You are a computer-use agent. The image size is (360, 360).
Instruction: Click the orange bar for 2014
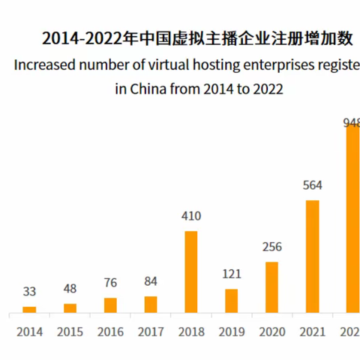(29, 309)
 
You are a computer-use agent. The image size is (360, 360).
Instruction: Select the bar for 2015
(70, 307)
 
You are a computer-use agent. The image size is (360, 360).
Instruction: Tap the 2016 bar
(110, 304)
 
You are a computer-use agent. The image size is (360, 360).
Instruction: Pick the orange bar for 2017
(151, 304)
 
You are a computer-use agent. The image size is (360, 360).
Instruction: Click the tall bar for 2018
(191, 271)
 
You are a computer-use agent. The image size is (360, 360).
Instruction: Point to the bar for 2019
(232, 300)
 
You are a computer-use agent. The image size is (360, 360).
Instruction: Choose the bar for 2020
(272, 286)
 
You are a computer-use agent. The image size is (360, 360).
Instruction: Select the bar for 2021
(313, 256)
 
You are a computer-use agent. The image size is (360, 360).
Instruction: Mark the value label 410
(191, 217)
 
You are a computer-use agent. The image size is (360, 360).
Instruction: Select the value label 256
(272, 247)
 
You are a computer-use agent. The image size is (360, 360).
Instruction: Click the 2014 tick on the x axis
(29, 331)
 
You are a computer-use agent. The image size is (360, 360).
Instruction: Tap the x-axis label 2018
(191, 331)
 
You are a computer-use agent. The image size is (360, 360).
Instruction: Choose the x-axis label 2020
(272, 331)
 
